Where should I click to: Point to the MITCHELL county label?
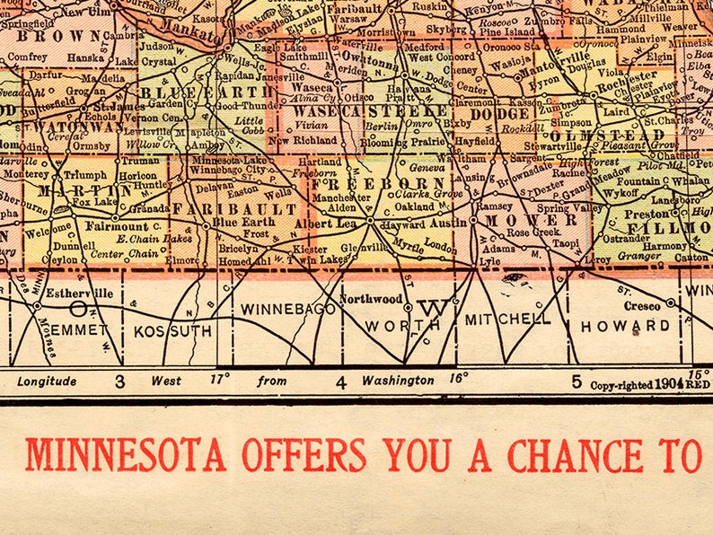click(507, 319)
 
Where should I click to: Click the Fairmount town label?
click(117, 226)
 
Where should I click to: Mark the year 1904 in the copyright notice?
click(668, 384)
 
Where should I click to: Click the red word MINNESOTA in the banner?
click(125, 454)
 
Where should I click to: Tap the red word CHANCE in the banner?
click(576, 454)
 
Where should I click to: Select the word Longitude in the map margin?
click(47, 381)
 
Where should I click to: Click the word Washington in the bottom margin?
click(397, 381)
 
